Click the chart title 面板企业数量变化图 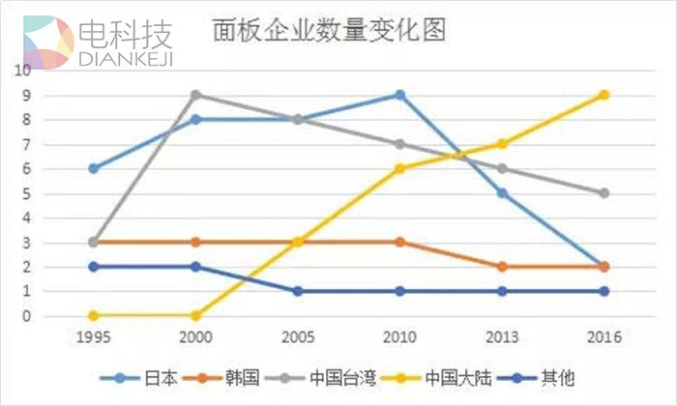(x=328, y=31)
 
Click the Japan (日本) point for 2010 (x=399, y=95)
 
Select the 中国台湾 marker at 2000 (x=195, y=95)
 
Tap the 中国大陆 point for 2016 (x=603, y=95)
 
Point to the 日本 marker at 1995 (x=93, y=168)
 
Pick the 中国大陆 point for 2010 (x=399, y=168)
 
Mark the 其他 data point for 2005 (x=297, y=291)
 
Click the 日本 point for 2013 (x=502, y=193)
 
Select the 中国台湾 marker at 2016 (x=603, y=193)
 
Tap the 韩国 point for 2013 (x=502, y=267)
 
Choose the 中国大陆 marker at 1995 (x=93, y=316)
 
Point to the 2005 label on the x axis (x=297, y=337)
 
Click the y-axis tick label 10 (x=21, y=71)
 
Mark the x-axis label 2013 (x=502, y=337)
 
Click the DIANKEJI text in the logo (x=127, y=61)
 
